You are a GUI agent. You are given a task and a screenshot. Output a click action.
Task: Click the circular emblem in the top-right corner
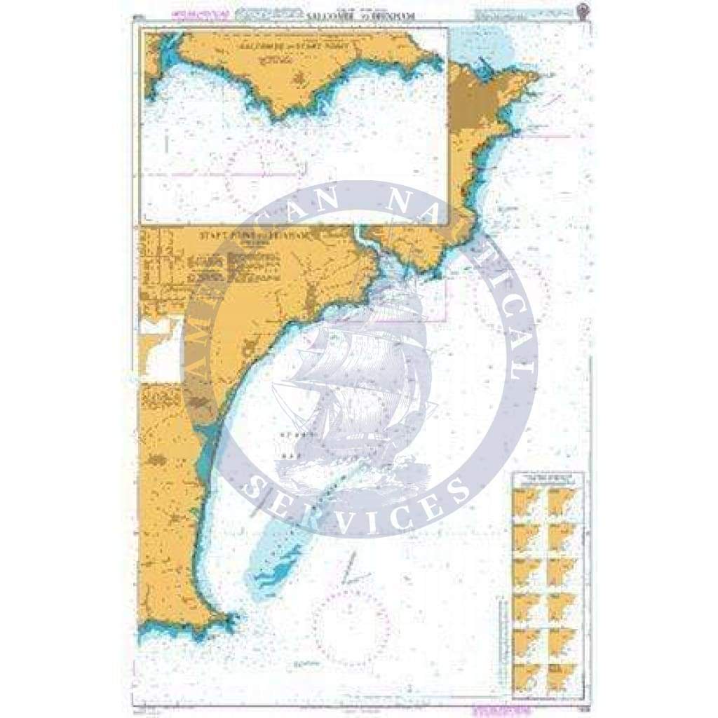point(581,11)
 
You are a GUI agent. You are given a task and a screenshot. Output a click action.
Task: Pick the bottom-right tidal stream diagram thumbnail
point(562,677)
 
